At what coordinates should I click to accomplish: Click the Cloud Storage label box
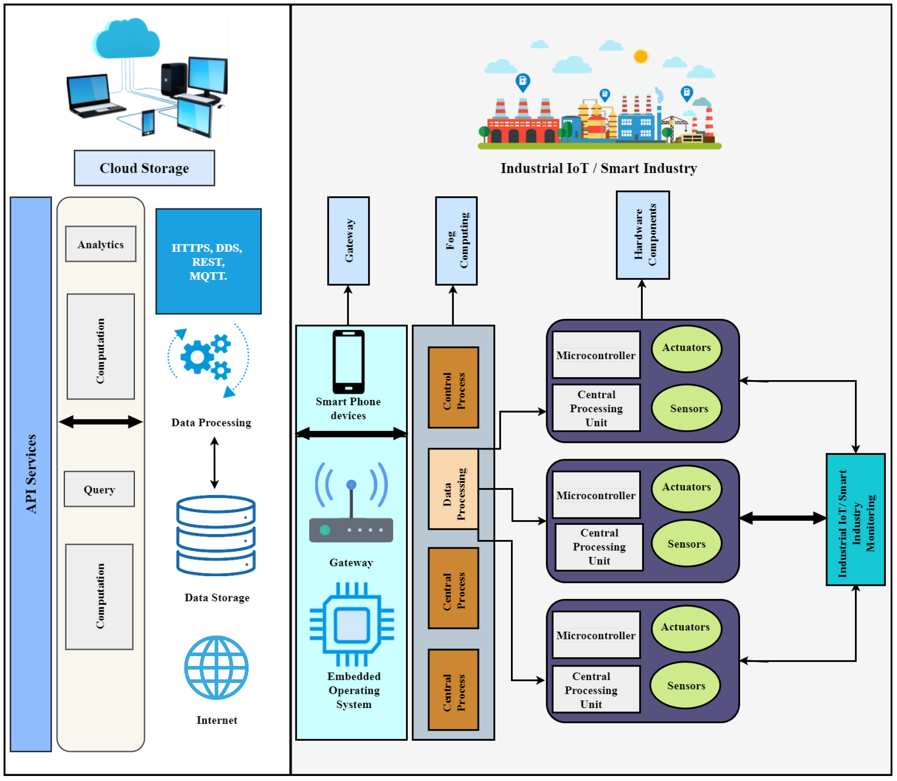144,168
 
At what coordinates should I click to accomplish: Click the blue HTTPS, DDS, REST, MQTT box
209,262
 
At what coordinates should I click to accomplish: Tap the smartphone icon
348,362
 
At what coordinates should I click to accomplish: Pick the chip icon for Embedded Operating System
352,624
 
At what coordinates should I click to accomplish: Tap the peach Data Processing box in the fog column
453,489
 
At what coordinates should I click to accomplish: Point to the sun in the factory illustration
641,56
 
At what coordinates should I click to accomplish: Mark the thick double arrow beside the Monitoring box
783,518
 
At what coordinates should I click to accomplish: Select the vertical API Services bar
31,474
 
